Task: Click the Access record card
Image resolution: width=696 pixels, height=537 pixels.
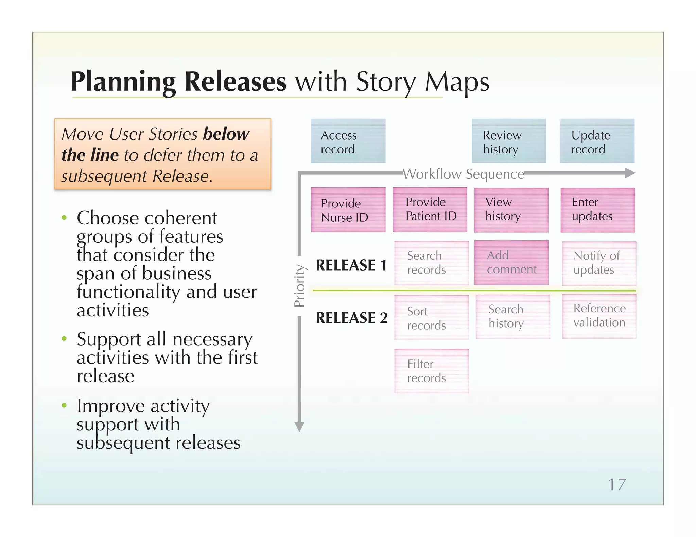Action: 348,141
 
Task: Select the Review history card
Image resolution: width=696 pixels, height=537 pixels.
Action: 509,141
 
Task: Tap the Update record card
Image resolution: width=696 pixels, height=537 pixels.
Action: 597,141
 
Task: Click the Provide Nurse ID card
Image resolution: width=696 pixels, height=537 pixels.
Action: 348,210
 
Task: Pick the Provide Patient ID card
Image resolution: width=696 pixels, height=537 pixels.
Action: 430,209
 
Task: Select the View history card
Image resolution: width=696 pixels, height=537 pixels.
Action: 511,210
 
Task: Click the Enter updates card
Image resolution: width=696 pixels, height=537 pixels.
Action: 597,210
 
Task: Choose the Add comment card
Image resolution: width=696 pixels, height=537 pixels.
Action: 511,263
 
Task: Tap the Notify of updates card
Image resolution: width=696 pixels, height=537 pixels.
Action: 599,263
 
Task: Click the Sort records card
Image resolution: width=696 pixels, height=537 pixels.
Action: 431,317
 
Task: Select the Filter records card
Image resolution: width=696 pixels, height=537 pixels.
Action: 431,371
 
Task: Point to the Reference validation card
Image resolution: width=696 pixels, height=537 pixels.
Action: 599,316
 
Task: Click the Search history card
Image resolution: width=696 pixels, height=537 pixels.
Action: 512,317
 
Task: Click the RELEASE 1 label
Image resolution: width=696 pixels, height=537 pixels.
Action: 351,265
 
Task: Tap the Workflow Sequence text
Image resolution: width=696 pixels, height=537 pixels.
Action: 463,174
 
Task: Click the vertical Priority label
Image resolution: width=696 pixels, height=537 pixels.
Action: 299,286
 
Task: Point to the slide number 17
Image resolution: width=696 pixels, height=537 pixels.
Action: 617,485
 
